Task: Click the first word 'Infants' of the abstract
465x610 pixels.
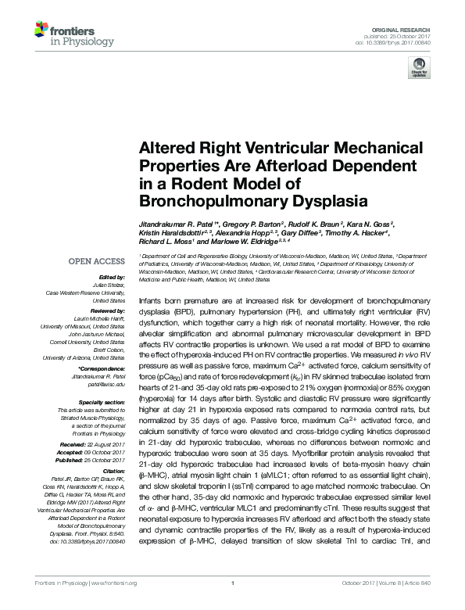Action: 152,300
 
